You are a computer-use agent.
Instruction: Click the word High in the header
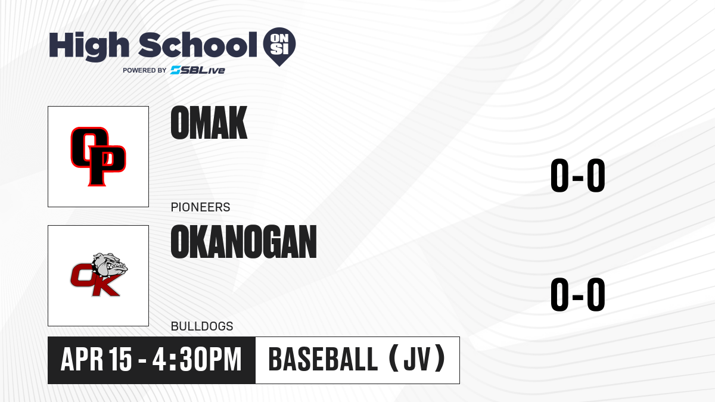[89, 46]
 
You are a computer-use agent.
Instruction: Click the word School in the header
[198, 45]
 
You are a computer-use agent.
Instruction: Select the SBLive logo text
[198, 70]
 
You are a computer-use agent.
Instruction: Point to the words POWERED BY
[145, 70]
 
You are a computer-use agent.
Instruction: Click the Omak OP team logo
[98, 156]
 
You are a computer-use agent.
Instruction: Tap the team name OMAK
[209, 123]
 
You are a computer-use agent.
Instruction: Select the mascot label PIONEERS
[200, 207]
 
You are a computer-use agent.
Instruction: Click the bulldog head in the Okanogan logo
[110, 265]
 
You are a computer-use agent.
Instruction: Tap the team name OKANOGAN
[244, 242]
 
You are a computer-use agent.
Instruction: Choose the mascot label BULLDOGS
[202, 326]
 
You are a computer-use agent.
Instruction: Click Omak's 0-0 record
[578, 175]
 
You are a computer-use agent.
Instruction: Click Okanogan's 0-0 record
[578, 294]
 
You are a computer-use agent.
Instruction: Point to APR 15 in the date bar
[96, 360]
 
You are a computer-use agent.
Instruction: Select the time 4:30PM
[197, 360]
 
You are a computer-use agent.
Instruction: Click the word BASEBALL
[324, 360]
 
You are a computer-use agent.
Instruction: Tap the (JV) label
[417, 359]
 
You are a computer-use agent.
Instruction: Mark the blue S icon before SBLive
[176, 70]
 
